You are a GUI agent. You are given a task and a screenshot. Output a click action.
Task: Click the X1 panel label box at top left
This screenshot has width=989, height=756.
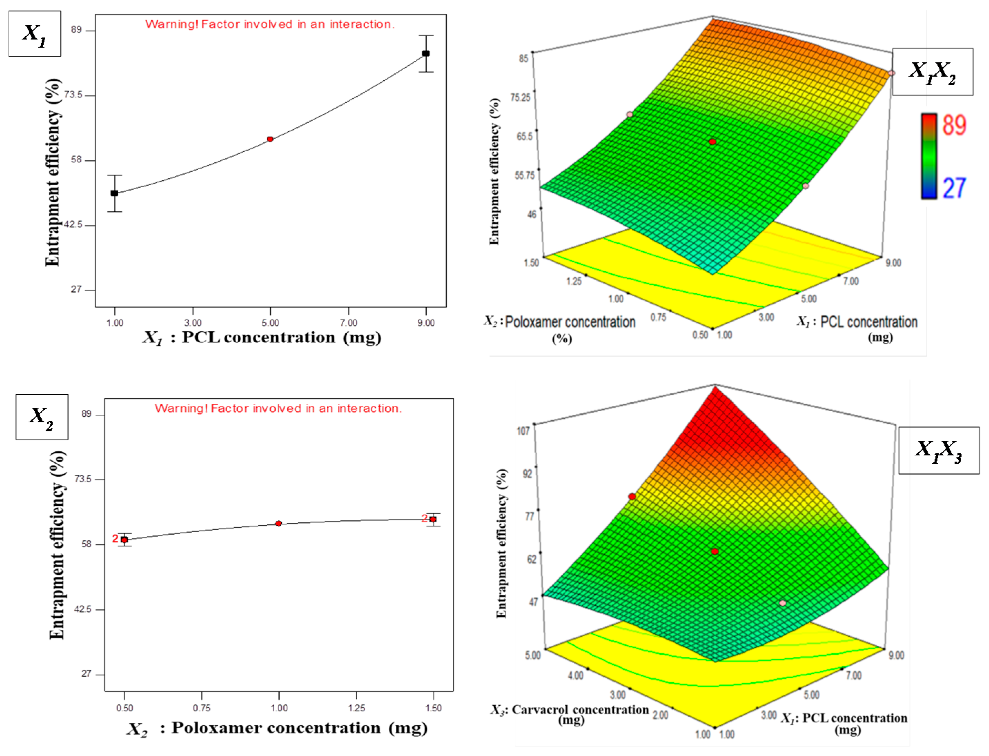coord(35,34)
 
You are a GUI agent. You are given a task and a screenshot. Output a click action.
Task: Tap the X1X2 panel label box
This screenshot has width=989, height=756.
coord(932,72)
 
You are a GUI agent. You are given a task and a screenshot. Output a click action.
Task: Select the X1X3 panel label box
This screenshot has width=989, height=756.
coord(939,451)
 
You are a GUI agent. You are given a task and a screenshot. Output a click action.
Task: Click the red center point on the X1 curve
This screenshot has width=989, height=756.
coord(270,139)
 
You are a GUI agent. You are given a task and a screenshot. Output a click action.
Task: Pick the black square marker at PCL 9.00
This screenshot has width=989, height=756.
coord(426,53)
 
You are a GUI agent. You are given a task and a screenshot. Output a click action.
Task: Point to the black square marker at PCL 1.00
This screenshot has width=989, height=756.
coord(115,193)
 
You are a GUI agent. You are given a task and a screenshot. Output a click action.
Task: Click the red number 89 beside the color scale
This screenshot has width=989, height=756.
coord(954,125)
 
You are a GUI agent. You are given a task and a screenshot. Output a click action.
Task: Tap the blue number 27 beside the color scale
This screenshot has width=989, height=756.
coord(954,188)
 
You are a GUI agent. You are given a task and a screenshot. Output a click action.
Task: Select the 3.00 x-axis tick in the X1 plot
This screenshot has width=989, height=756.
coord(193,323)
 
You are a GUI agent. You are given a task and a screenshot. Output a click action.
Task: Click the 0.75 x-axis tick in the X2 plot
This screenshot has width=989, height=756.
coord(201,708)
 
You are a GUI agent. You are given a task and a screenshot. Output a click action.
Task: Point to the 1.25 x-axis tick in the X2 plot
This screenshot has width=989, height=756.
coord(356,708)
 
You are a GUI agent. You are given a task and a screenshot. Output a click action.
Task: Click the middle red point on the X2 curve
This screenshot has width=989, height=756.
coord(278,523)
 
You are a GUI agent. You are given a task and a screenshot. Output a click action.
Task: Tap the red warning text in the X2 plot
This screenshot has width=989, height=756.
coord(278,408)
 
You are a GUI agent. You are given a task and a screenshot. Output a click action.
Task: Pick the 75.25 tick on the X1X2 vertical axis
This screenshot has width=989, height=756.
coord(520,97)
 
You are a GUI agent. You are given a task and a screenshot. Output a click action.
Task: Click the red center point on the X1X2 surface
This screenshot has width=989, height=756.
coord(712,142)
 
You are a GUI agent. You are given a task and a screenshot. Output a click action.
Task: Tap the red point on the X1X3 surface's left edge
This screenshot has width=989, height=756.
coord(632,496)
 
